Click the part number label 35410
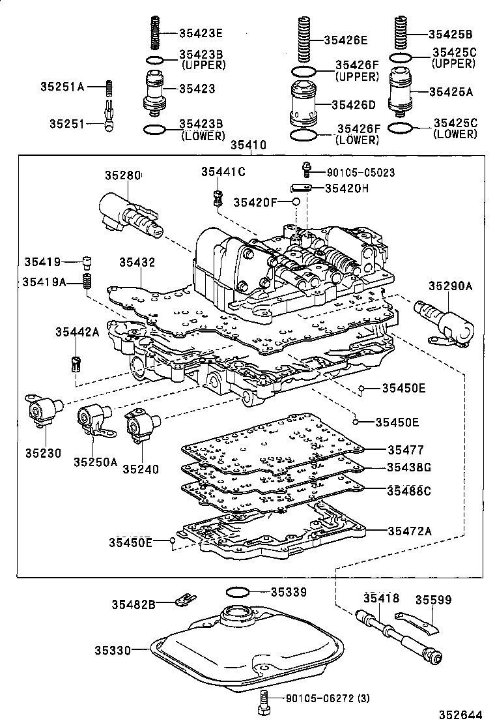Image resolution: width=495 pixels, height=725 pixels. (x=249, y=147)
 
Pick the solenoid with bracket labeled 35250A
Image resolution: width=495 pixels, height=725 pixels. (x=93, y=417)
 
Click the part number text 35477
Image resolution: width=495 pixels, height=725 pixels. (x=405, y=450)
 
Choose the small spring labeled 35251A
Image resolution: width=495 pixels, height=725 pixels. (x=110, y=87)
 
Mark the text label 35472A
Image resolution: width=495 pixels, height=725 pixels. (x=410, y=531)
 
